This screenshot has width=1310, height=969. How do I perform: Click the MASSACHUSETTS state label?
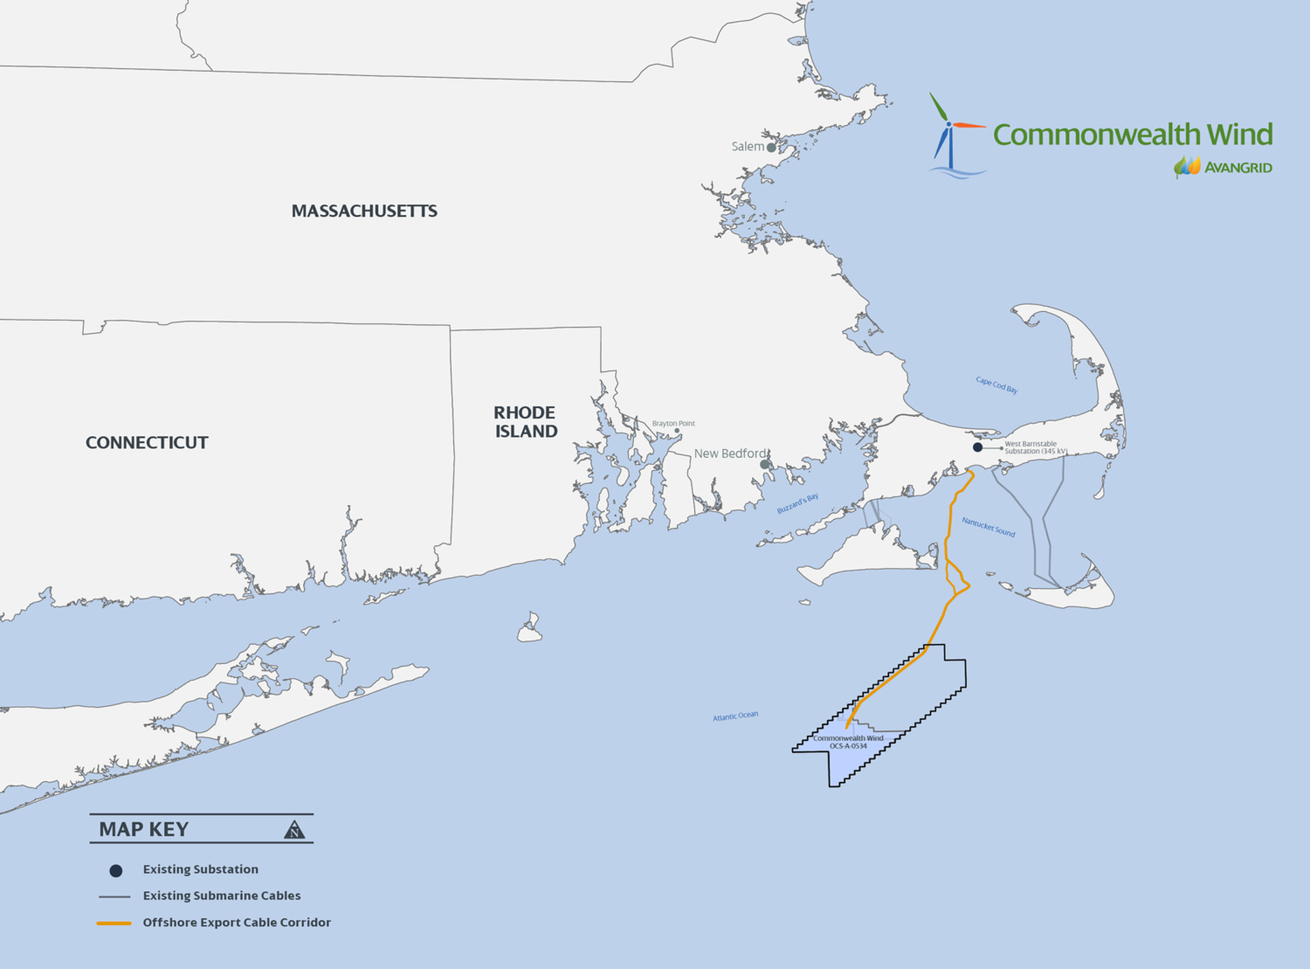364,211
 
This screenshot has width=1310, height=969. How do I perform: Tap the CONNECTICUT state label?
147,443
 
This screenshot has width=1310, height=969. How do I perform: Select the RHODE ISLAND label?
525,422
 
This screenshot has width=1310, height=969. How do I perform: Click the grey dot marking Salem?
771,147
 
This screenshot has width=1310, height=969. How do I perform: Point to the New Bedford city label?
730,453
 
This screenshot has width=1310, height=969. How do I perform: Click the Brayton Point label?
673,423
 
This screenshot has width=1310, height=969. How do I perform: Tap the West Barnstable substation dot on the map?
978,447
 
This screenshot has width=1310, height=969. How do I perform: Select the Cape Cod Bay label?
996,385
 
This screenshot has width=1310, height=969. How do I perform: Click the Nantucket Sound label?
988,527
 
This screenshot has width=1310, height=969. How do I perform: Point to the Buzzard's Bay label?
797,504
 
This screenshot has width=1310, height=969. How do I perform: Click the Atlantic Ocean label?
735,716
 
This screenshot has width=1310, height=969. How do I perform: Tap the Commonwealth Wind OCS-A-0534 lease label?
848,742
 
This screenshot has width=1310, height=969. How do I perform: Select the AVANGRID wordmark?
1238,168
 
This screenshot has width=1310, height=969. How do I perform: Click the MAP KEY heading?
144,829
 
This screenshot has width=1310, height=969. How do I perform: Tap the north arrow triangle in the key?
294,830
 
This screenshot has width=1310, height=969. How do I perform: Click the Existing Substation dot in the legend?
116,871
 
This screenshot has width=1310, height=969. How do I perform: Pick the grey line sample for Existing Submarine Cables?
115,897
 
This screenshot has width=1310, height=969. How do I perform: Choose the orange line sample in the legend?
114,923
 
